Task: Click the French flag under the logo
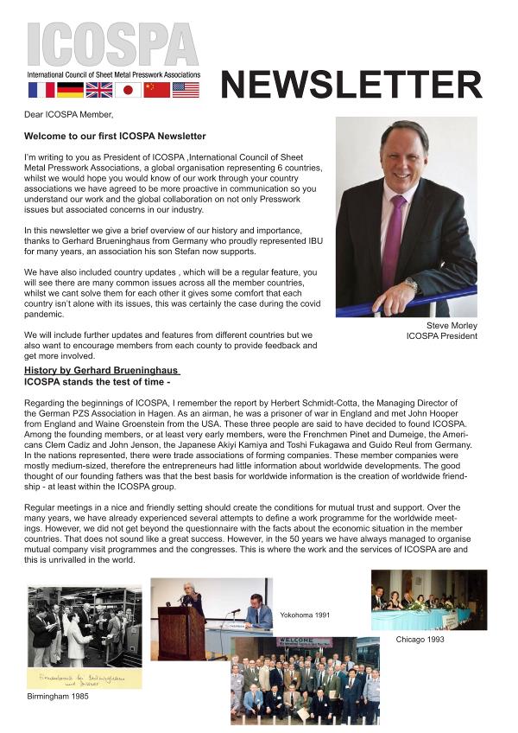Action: click(x=41, y=89)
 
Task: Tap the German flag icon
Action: click(x=70, y=89)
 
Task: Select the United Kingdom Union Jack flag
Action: click(x=99, y=89)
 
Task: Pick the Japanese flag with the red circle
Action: click(x=128, y=89)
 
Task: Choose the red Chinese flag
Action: click(x=157, y=89)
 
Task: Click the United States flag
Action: click(x=186, y=89)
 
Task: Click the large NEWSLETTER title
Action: click(x=351, y=85)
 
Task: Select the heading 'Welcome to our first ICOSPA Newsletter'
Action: click(x=115, y=137)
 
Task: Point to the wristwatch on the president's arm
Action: click(x=412, y=284)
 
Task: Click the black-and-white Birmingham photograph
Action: click(x=85, y=627)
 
